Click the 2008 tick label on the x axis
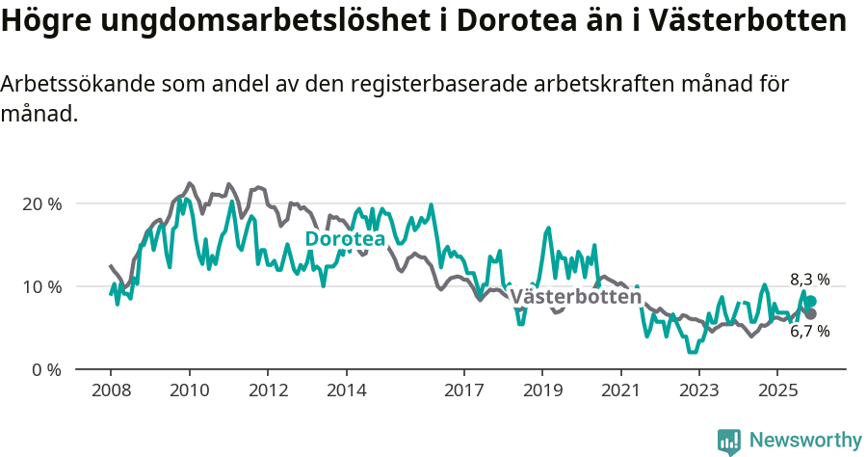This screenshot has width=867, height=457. pyautogui.click(x=110, y=392)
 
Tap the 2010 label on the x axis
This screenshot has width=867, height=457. pyautogui.click(x=189, y=392)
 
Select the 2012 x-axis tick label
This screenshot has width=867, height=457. pyautogui.click(x=268, y=392)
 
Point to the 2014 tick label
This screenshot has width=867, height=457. pyautogui.click(x=346, y=392)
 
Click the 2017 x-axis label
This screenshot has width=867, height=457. pyautogui.click(x=463, y=392)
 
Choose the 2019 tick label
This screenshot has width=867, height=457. pyautogui.click(x=542, y=392)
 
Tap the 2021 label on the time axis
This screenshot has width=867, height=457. pyautogui.click(x=620, y=392)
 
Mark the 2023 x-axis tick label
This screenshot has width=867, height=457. pyautogui.click(x=699, y=392)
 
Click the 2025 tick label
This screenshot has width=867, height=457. pyautogui.click(x=777, y=392)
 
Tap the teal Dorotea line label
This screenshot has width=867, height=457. pyautogui.click(x=345, y=239)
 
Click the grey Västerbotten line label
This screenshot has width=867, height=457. pyautogui.click(x=575, y=297)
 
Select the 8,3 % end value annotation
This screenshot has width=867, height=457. pyautogui.click(x=809, y=280)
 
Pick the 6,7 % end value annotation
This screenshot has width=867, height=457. pyautogui.click(x=809, y=331)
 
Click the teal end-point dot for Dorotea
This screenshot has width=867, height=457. pyautogui.click(x=810, y=301)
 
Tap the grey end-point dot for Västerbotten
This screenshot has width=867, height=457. pyautogui.click(x=810, y=313)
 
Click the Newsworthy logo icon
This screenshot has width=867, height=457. pyautogui.click(x=729, y=441)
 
